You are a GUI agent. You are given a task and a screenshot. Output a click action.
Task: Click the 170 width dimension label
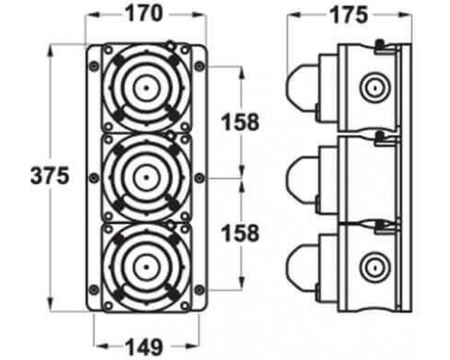[143, 14]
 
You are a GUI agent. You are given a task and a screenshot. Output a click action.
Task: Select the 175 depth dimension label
[348, 14]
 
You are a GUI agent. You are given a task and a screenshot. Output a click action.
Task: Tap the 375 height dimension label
[50, 175]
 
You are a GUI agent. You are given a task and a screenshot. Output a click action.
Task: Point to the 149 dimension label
[144, 347]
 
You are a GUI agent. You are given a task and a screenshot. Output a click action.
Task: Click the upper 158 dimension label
[240, 122]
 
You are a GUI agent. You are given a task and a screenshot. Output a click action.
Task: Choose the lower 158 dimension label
[240, 233]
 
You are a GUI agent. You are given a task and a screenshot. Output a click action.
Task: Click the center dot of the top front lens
[146, 88]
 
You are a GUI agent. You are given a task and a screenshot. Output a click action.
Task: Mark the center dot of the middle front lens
[146, 177]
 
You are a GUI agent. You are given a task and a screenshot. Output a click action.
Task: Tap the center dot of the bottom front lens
[146, 266]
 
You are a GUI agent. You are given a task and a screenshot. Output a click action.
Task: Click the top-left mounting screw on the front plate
[94, 66]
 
